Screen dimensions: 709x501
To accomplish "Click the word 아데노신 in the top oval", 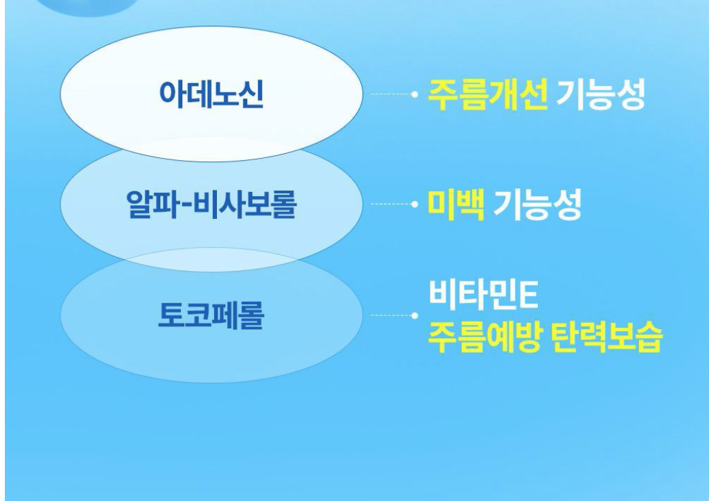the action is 211,94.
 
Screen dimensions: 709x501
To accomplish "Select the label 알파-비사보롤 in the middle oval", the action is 211,204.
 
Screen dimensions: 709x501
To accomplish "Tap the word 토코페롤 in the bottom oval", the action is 211,315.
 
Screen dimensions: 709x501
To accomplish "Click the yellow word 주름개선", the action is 487,94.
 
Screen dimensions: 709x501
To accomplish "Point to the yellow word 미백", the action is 456,205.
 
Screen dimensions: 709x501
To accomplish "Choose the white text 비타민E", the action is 483,294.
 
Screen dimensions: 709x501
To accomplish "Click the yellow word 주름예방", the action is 484,337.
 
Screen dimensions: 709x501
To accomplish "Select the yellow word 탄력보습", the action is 607,337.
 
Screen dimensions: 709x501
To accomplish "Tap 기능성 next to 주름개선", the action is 600,94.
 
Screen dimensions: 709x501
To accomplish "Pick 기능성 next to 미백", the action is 537,205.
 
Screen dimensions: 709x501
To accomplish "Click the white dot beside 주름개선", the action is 414,94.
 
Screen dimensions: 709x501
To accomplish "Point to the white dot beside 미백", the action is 414,204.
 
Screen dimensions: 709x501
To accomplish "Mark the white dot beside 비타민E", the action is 414,315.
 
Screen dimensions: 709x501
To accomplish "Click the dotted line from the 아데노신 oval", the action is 391,94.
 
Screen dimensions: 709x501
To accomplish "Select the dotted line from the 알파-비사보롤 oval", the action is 391,204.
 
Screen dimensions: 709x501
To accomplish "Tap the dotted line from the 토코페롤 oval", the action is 391,315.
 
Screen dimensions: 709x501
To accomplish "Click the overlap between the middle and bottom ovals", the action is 211,260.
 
